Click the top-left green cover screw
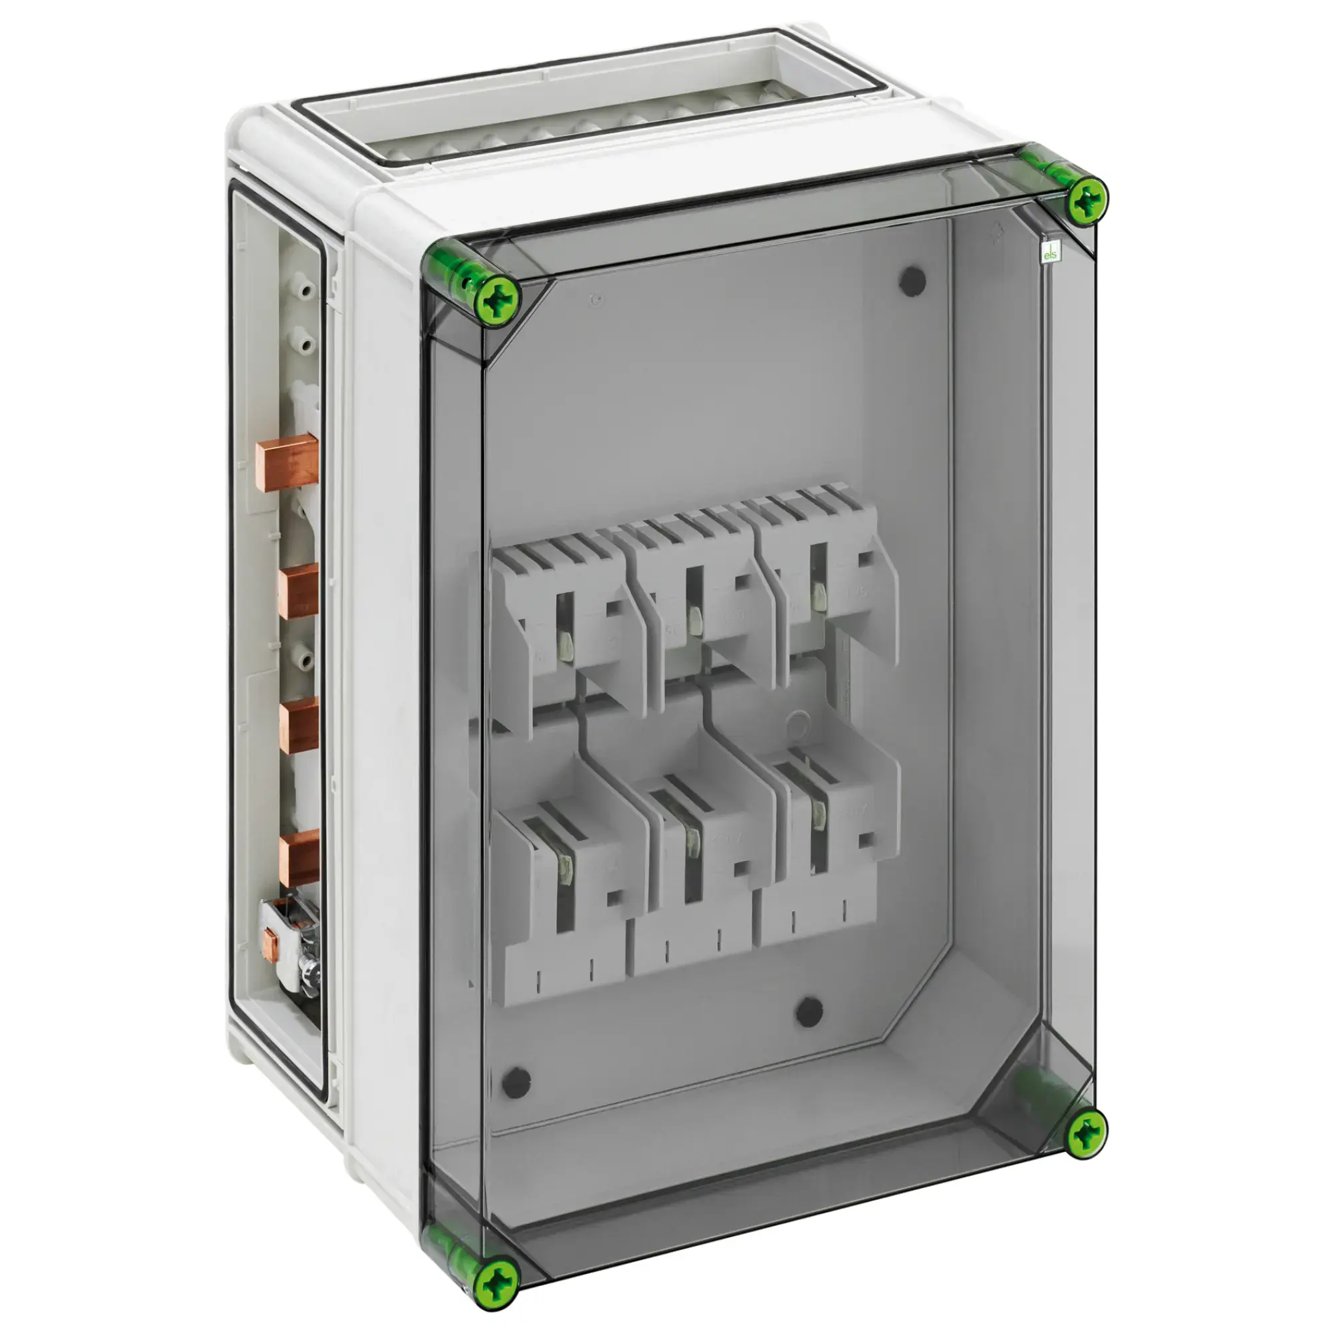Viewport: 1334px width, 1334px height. (x=499, y=302)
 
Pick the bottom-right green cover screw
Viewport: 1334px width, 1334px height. (x=1087, y=1132)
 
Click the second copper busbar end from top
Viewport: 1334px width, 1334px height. (x=298, y=591)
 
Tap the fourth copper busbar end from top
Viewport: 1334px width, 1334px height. (x=298, y=858)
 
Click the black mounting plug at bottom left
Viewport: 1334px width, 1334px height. (x=516, y=1082)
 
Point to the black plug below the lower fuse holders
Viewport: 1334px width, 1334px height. (x=808, y=1013)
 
